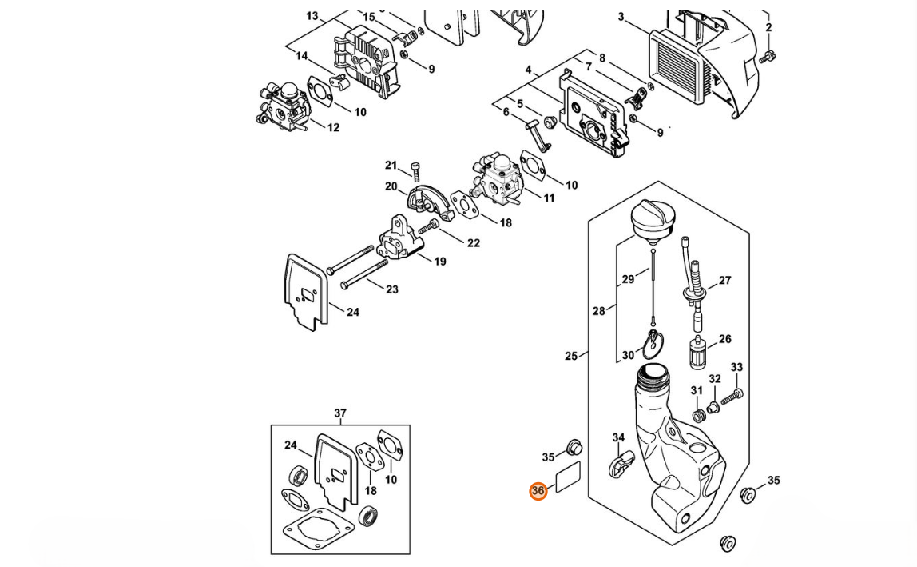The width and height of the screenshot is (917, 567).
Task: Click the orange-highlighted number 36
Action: [x=538, y=491]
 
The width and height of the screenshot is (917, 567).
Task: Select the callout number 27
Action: [x=725, y=281]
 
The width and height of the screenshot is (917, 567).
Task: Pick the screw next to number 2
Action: [x=767, y=57]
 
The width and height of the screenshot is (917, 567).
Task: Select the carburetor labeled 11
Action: [x=496, y=178]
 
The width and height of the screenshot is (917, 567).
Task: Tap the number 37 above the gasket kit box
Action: [x=340, y=413]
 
